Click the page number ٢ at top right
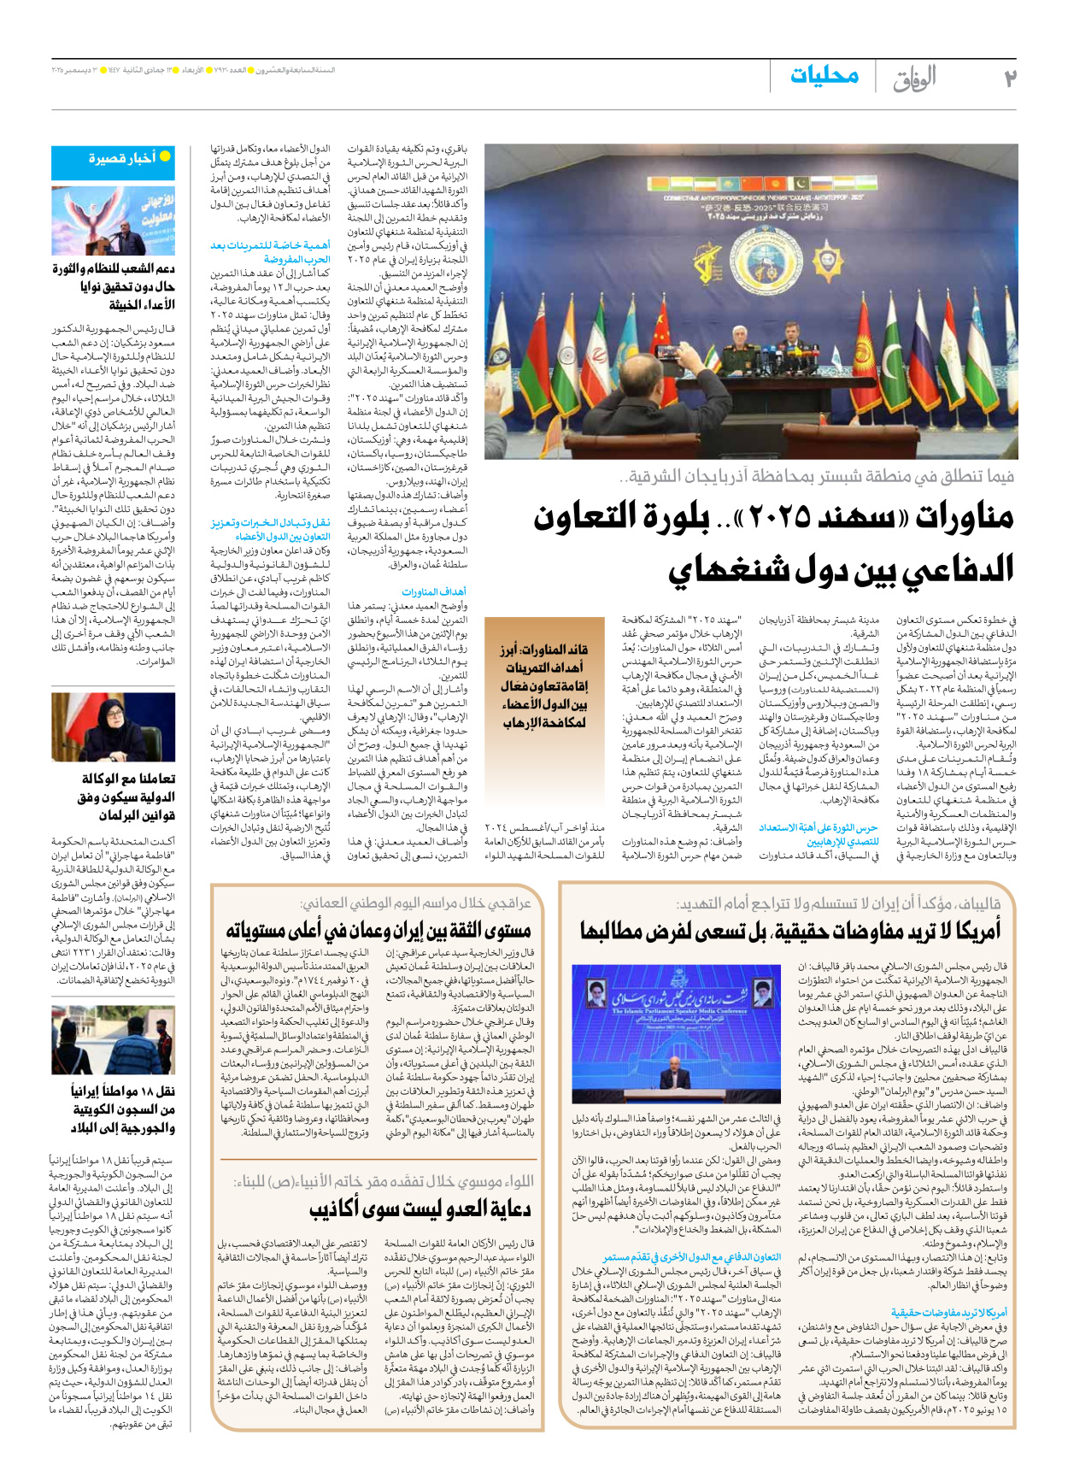point(1009,78)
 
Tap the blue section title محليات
point(824,76)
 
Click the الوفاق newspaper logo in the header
point(914,78)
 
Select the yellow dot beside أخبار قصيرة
point(165,156)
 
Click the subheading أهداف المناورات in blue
point(434,591)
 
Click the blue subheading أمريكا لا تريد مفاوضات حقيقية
point(948,1312)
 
